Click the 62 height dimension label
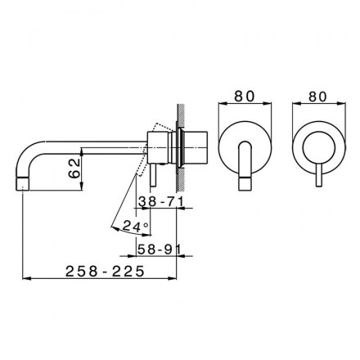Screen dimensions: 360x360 [x=74, y=169]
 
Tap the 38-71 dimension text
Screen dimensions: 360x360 [x=160, y=202]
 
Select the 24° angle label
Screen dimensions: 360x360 [x=136, y=226]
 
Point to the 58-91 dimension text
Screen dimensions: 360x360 [x=159, y=249]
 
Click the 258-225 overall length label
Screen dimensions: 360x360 [x=105, y=272]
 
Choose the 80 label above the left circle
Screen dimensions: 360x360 [x=245, y=96]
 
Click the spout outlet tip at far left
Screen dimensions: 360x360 [x=22, y=184]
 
